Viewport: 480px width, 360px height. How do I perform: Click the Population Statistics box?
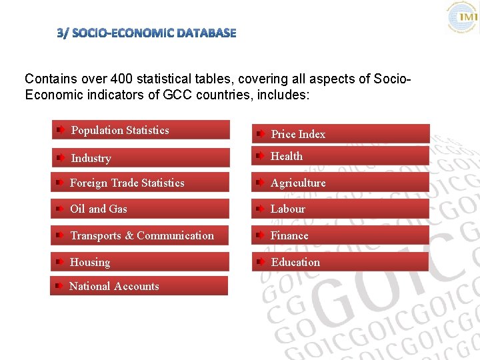point(141,130)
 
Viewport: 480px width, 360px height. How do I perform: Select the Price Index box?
point(341,134)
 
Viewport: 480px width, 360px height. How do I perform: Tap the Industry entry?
point(141,158)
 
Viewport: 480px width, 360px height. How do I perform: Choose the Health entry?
point(341,156)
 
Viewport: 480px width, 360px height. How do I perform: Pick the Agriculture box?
point(341,183)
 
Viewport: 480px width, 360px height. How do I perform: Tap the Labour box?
point(341,209)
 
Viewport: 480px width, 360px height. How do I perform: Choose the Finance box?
point(341,235)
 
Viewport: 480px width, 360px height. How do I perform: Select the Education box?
point(341,262)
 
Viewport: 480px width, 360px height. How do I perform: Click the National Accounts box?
point(139,286)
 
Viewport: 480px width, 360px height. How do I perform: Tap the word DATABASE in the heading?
point(206,33)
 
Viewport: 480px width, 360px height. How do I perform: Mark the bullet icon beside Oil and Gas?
point(60,209)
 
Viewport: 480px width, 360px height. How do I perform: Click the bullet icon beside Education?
point(261,262)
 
